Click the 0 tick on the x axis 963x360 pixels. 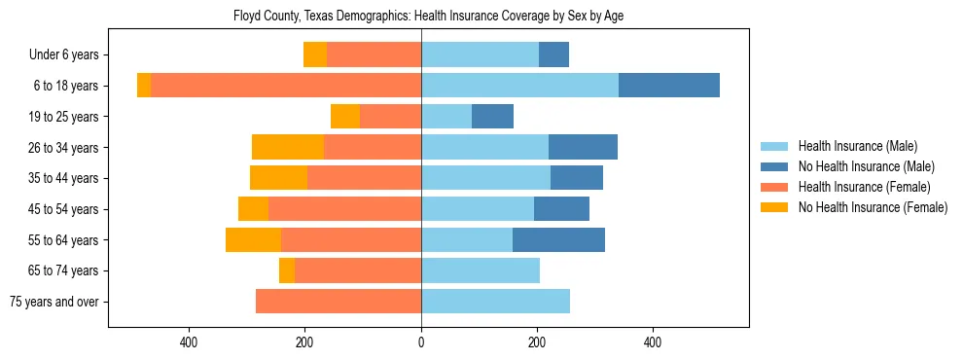[x=421, y=342]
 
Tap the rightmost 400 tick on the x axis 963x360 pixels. [x=653, y=342]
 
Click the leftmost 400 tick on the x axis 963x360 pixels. [x=190, y=342]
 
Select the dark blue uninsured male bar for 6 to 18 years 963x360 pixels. [x=669, y=86]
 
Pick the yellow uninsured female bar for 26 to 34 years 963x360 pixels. [x=288, y=147]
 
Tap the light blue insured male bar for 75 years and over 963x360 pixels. [x=495, y=302]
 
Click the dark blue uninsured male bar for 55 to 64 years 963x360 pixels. [x=558, y=240]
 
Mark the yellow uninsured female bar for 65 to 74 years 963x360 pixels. [x=287, y=270]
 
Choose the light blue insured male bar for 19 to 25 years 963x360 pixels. [x=446, y=117]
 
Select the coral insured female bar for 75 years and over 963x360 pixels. [x=339, y=302]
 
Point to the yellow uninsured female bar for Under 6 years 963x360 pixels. [x=315, y=55]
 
